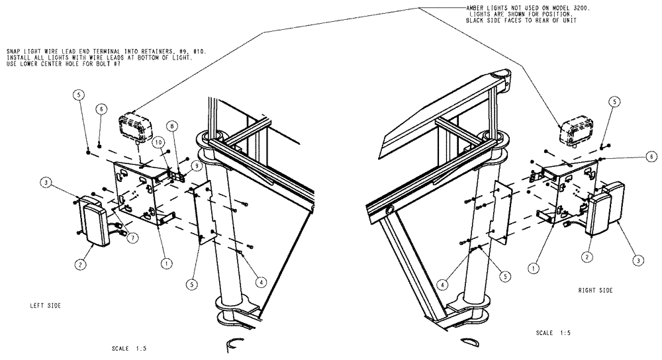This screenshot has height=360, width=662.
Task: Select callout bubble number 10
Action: point(160,142)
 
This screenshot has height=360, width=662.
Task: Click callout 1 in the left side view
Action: point(166,262)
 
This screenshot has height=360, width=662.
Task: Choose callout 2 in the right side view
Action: point(587,255)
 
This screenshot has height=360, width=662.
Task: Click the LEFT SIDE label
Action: point(42,306)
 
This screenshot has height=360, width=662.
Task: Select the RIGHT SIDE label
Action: point(595,291)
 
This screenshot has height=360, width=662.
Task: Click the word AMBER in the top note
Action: point(477,7)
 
